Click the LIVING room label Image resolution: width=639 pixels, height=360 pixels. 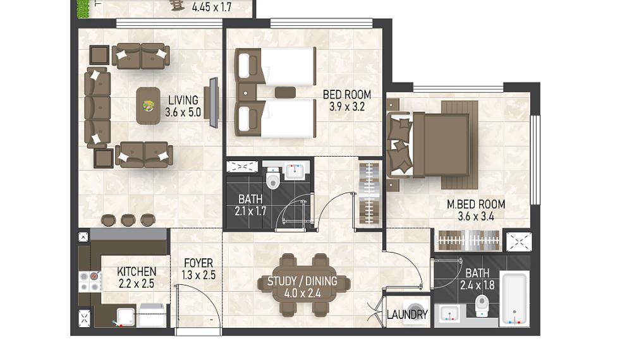183,100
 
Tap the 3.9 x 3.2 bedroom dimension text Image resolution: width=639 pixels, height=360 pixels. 347,107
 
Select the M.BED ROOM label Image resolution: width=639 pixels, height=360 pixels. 475,204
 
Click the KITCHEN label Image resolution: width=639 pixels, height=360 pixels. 137,271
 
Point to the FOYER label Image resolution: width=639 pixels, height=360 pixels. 198,263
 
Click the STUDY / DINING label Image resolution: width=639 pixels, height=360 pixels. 302,281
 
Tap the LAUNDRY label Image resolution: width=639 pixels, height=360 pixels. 407,315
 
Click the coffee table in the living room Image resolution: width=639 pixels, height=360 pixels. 149,105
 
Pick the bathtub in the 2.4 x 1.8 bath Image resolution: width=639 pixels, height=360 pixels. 514,299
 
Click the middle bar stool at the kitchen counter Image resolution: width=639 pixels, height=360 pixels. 128,219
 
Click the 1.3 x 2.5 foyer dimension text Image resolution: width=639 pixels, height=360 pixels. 198,275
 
